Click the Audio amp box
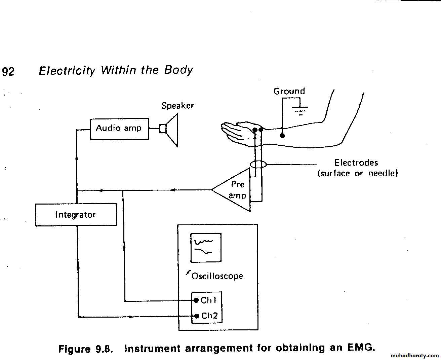click(x=119, y=129)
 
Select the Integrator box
click(x=76, y=215)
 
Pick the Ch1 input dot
click(x=196, y=300)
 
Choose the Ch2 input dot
click(x=197, y=316)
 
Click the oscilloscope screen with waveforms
click(x=206, y=248)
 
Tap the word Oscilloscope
click(x=217, y=276)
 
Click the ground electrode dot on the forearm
click(x=282, y=136)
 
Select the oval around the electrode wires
click(x=258, y=165)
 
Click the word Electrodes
click(x=356, y=163)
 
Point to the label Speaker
click(x=177, y=106)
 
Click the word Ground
click(x=289, y=91)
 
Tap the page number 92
click(x=8, y=72)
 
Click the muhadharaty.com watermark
click(x=415, y=355)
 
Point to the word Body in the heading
click(x=178, y=70)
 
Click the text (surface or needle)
click(x=358, y=173)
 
